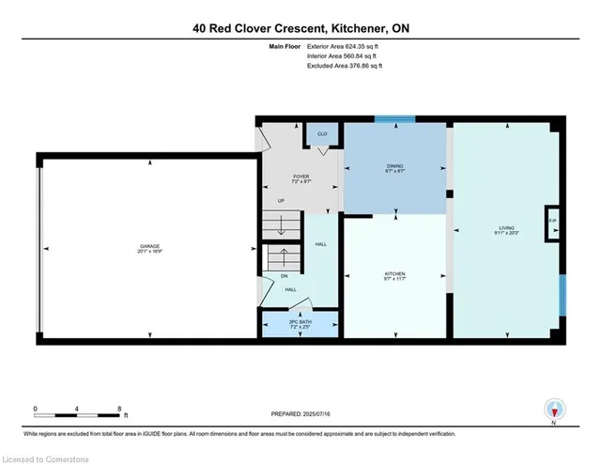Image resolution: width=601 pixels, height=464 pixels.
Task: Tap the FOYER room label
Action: [x=300, y=177]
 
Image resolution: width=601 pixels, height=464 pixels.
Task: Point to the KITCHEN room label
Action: [x=394, y=273]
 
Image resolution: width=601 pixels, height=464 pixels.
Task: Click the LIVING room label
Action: [x=506, y=227]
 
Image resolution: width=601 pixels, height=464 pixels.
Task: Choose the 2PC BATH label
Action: [x=300, y=322]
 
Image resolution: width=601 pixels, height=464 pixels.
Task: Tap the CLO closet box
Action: [x=322, y=135]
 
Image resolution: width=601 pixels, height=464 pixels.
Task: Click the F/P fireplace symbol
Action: [x=553, y=222]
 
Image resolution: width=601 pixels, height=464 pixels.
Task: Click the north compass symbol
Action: [x=554, y=410]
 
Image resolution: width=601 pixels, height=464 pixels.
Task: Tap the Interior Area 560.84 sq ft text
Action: [x=344, y=55]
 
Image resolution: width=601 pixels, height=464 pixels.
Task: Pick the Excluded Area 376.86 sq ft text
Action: [x=345, y=66]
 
